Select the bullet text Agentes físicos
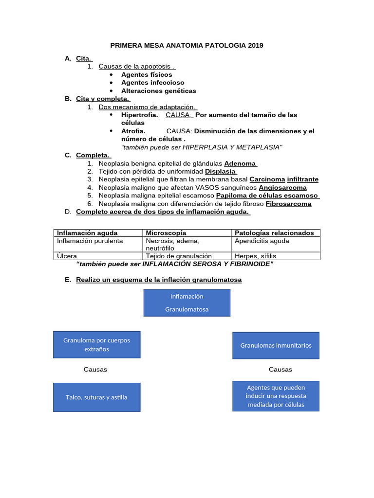[x=147, y=74]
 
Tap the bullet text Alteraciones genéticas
[x=159, y=90]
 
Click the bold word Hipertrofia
[x=139, y=115]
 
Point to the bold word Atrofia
[x=133, y=131]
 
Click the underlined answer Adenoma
[x=240, y=163]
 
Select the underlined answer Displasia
[x=221, y=171]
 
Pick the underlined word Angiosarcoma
[x=282, y=187]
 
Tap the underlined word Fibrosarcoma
[x=288, y=204]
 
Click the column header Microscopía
[x=166, y=233]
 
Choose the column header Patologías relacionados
[x=274, y=233]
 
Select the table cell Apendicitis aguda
[x=262, y=241]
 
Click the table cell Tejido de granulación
[x=179, y=256]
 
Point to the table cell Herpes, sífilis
[x=255, y=256]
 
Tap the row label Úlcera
[x=67, y=256]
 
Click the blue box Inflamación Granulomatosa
[x=187, y=302]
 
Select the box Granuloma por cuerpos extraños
[x=96, y=344]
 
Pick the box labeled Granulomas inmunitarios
[x=276, y=345]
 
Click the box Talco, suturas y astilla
[x=96, y=397]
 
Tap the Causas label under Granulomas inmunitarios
[x=280, y=369]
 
